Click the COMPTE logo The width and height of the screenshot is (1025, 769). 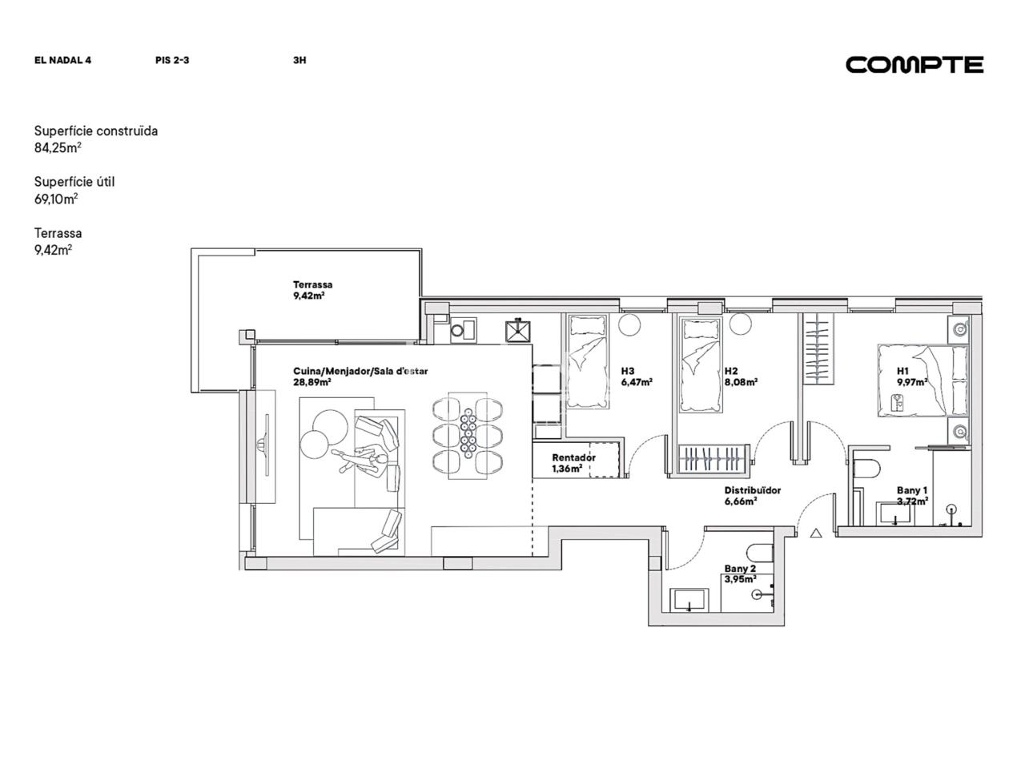point(914,65)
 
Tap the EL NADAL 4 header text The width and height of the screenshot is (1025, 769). point(62,60)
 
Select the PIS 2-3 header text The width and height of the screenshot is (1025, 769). point(172,60)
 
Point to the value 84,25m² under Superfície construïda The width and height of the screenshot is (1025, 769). point(58,147)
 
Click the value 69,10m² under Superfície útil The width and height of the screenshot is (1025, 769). point(56,199)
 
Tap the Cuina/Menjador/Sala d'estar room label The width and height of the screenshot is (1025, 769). point(360,376)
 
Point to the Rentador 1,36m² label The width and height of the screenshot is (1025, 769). point(573,463)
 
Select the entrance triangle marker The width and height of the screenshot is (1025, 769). point(816,533)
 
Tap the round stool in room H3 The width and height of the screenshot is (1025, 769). point(629,324)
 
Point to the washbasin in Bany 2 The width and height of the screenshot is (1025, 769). point(689,599)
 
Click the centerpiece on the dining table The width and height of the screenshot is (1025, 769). point(468,433)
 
